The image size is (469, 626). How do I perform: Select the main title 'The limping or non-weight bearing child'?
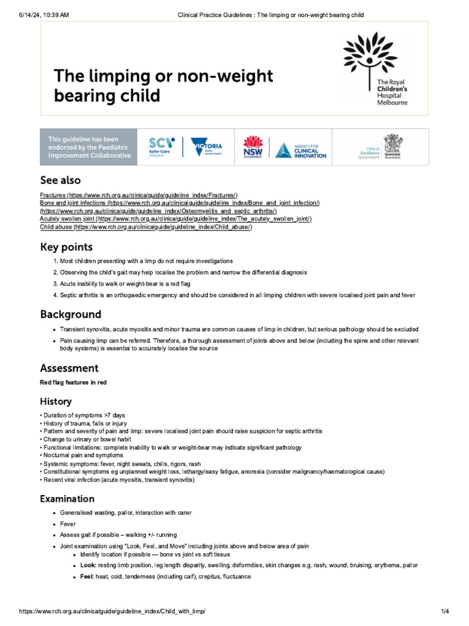pyautogui.click(x=163, y=86)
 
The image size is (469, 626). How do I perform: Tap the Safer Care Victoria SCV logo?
pyautogui.click(x=162, y=147)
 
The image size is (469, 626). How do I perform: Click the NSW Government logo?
pyautogui.click(x=253, y=147)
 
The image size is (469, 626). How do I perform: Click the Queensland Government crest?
pyautogui.click(x=392, y=147)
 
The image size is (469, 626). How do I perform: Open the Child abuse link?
pyautogui.click(x=146, y=227)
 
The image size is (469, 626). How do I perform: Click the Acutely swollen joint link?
pyautogui.click(x=176, y=219)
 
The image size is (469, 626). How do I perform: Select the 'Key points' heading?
pyautogui.click(x=67, y=247)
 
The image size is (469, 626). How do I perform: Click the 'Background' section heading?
pyautogui.click(x=71, y=314)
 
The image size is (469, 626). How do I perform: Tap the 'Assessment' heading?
pyautogui.click(x=69, y=368)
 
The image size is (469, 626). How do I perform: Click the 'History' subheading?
pyautogui.click(x=56, y=402)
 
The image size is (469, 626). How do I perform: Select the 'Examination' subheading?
pyautogui.click(x=67, y=499)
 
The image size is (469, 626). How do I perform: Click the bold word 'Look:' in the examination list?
pyautogui.click(x=88, y=565)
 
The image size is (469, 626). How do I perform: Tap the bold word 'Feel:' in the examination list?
pyautogui.click(x=87, y=576)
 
